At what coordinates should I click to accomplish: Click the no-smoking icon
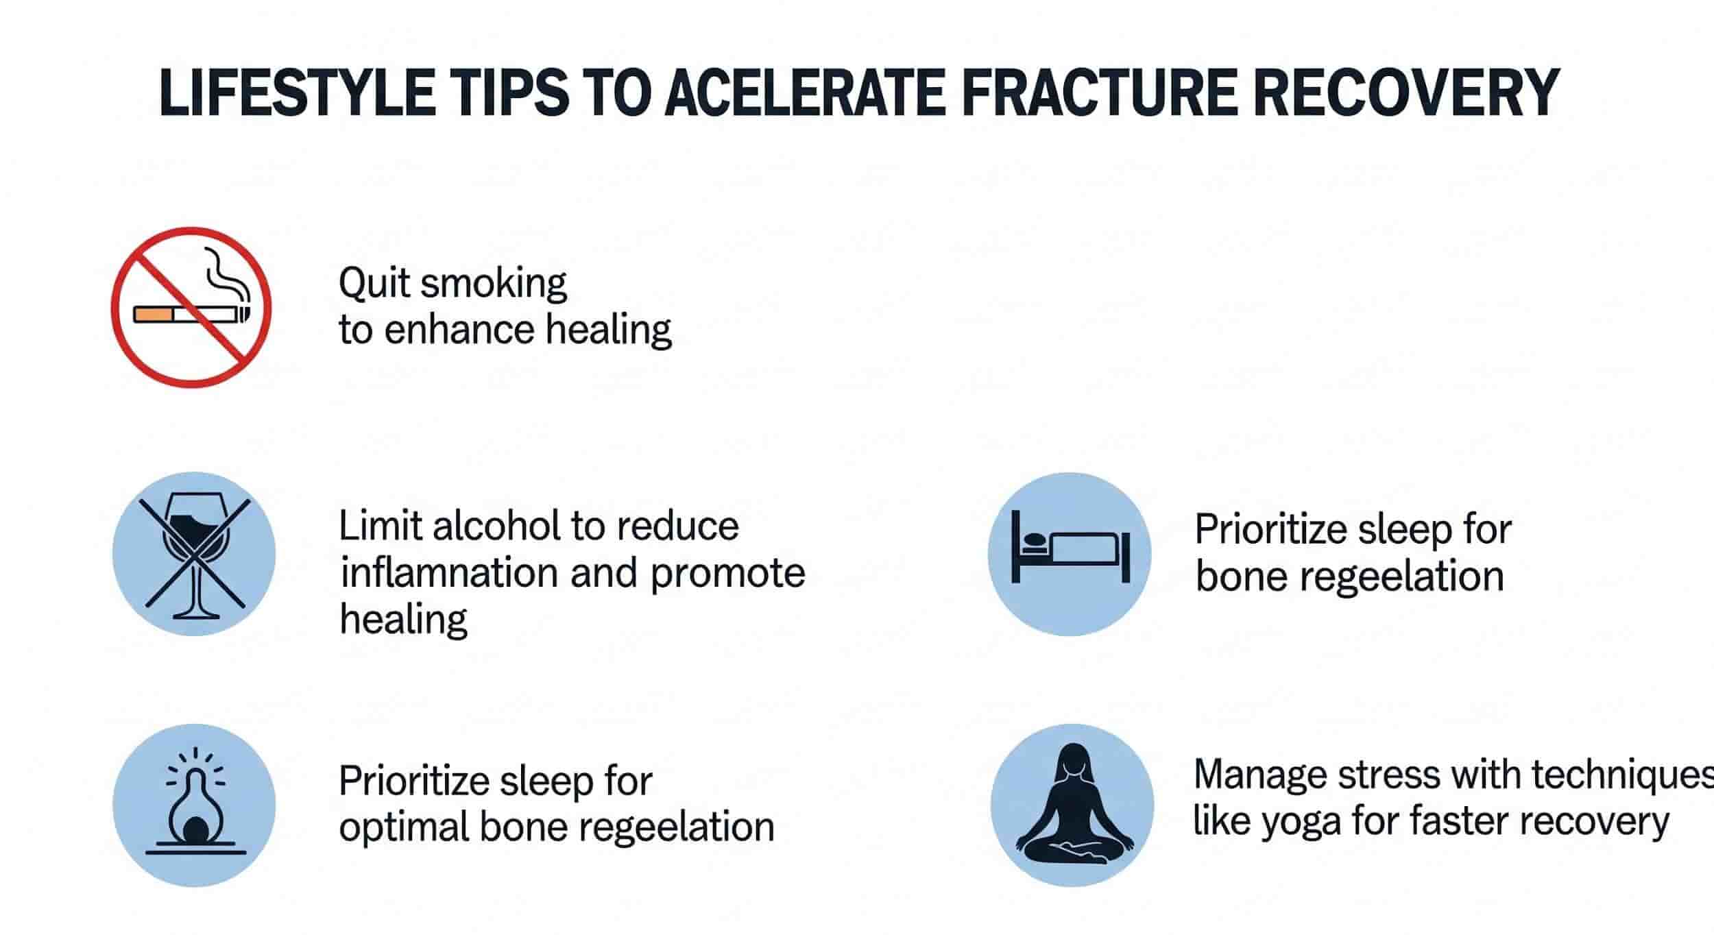pos(191,307)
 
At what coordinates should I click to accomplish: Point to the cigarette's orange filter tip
pos(154,314)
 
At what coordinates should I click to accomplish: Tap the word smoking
pos(494,284)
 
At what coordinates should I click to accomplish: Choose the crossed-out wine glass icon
pos(194,554)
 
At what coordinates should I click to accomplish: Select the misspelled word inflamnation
pos(450,573)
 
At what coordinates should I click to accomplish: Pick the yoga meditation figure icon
pos(1072,805)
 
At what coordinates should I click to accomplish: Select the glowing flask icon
pos(194,805)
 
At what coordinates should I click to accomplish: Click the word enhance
pos(459,330)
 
